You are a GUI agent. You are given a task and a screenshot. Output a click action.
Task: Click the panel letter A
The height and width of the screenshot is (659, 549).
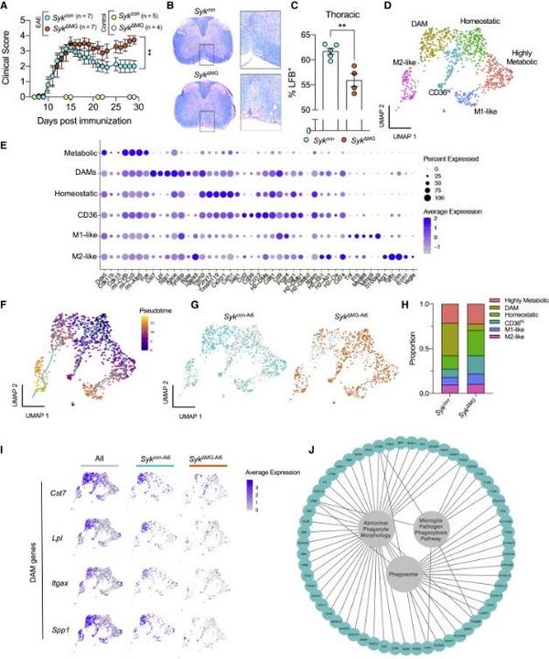click(7, 7)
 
